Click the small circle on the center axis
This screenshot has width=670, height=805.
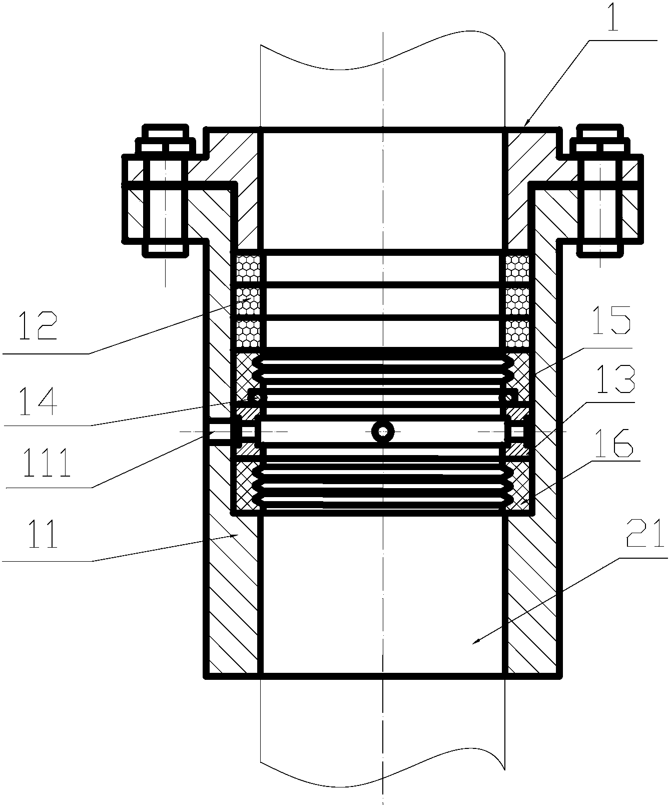coord(383,431)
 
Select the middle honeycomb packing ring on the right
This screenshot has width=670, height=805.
coord(517,301)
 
